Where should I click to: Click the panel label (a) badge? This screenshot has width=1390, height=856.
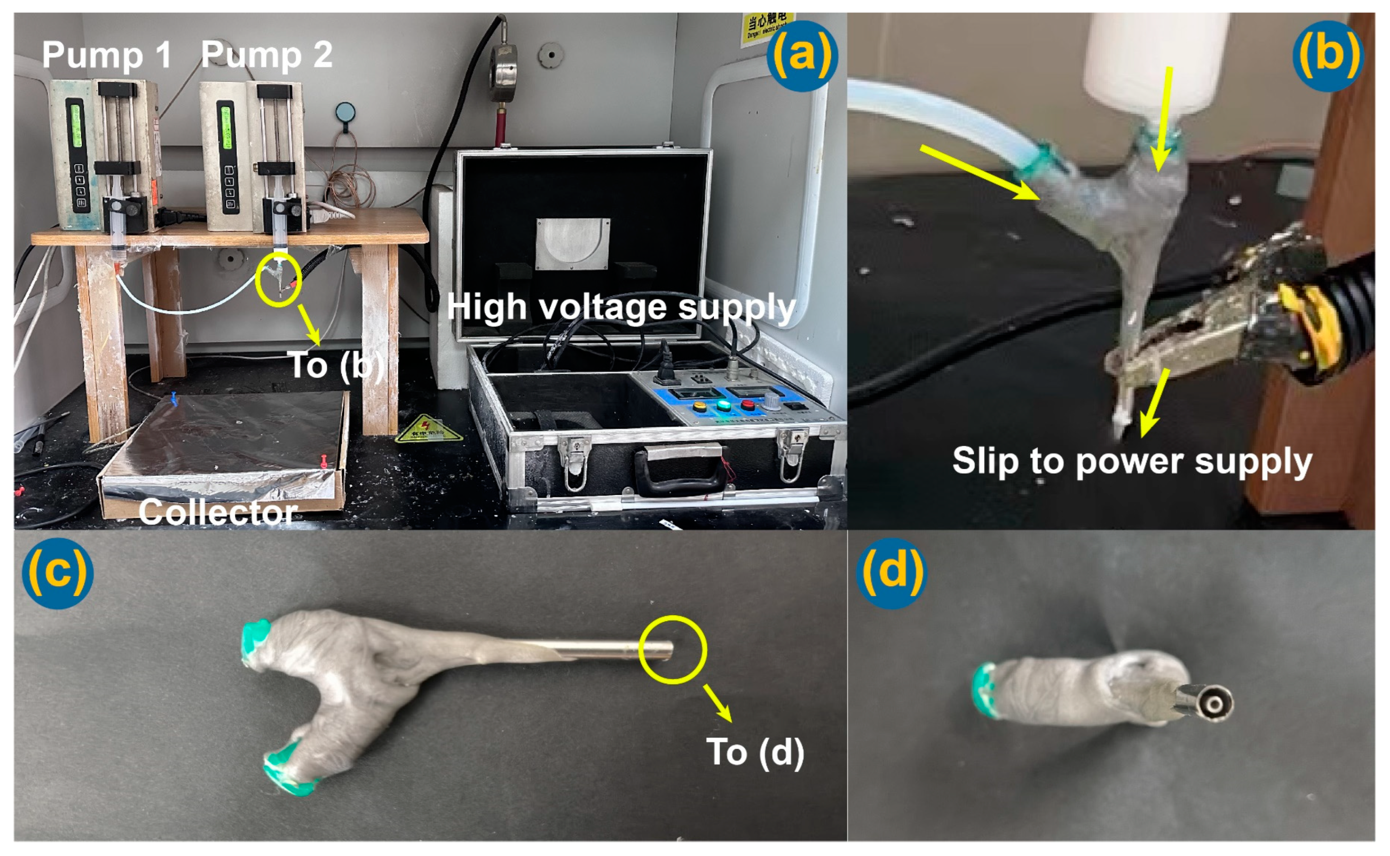(x=802, y=56)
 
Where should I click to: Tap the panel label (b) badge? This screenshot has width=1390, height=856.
(x=1328, y=56)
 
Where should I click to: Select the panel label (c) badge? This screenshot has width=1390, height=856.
(x=58, y=573)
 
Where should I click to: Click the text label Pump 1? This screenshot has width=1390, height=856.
(x=107, y=55)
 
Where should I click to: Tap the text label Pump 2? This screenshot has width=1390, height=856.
(x=267, y=55)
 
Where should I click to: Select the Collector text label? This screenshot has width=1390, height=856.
(x=218, y=513)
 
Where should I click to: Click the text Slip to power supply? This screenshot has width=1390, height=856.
(x=1132, y=461)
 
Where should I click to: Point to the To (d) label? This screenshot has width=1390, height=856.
(x=755, y=752)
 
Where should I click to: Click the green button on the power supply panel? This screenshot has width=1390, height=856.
(x=723, y=405)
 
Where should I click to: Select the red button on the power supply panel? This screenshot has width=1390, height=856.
(x=748, y=405)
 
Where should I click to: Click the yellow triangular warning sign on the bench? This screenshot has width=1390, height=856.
(x=428, y=429)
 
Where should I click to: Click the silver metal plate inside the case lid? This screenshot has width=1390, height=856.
(x=572, y=244)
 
